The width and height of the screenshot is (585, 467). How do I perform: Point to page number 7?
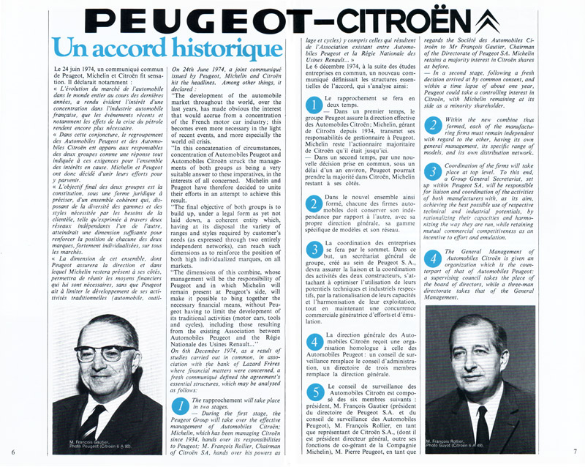tap(575, 452)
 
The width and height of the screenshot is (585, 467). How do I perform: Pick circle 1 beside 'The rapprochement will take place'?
tap(179, 408)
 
